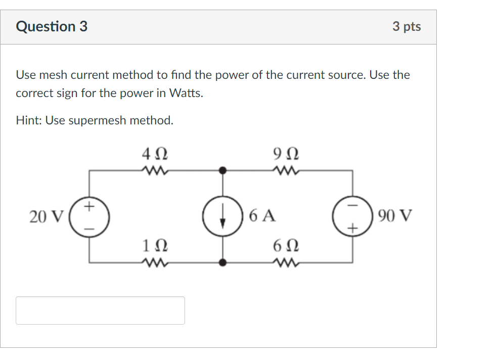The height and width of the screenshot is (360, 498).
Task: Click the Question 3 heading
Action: [52, 26]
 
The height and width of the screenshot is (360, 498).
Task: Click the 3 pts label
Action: [406, 27]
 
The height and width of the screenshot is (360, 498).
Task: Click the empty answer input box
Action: [100, 310]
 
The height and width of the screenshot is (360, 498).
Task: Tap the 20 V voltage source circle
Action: [89, 216]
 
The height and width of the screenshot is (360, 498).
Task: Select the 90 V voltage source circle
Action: [352, 216]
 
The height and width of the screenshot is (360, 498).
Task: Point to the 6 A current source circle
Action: [221, 216]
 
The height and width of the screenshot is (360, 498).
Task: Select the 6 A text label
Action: [262, 216]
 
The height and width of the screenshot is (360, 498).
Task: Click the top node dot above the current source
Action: [221, 170]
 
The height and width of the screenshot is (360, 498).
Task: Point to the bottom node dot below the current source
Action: [221, 262]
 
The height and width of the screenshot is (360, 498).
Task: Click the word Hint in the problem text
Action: [28, 120]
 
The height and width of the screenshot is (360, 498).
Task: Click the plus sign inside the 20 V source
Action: [89, 206]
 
